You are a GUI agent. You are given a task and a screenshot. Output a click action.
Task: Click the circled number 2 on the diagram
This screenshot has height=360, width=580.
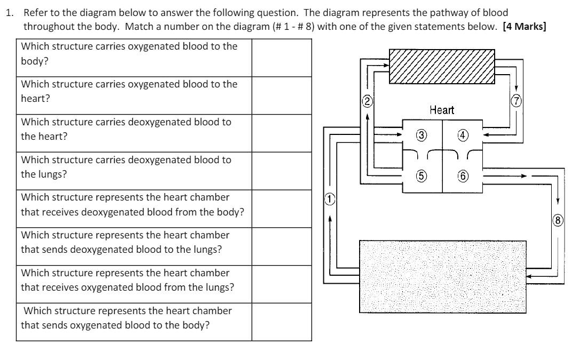(x=368, y=100)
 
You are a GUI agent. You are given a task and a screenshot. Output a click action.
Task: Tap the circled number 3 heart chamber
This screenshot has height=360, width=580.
(x=421, y=135)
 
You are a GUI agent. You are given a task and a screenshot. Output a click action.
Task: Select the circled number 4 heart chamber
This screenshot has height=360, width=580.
(x=462, y=135)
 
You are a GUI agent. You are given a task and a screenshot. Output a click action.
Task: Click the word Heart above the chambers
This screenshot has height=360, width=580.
(x=442, y=110)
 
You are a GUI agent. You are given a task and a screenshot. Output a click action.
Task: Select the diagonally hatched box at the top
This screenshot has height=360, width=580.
(x=442, y=66)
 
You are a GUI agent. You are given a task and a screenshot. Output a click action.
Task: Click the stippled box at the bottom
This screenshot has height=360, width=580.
(x=443, y=276)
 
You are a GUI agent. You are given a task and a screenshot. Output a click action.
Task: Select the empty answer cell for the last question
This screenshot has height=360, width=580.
(x=281, y=322)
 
